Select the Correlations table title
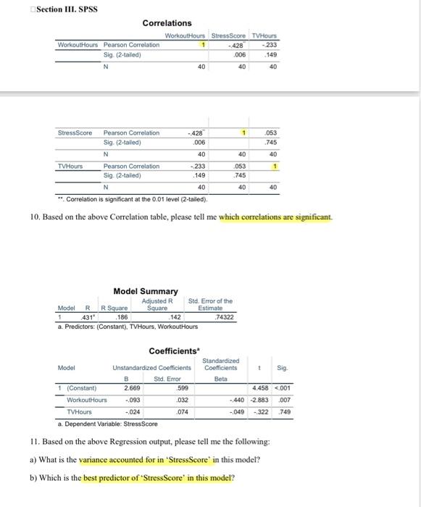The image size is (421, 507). (167, 23)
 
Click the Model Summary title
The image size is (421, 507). (146, 291)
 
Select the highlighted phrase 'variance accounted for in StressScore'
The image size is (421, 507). (144, 459)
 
